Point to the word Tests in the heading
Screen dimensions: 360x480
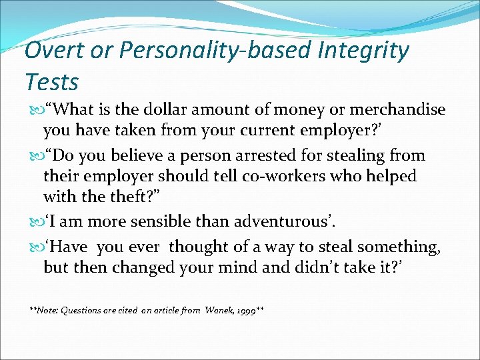point(51,82)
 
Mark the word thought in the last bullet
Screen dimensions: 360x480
point(197,247)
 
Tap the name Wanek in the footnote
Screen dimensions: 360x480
point(219,310)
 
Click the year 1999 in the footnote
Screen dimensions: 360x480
point(247,310)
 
